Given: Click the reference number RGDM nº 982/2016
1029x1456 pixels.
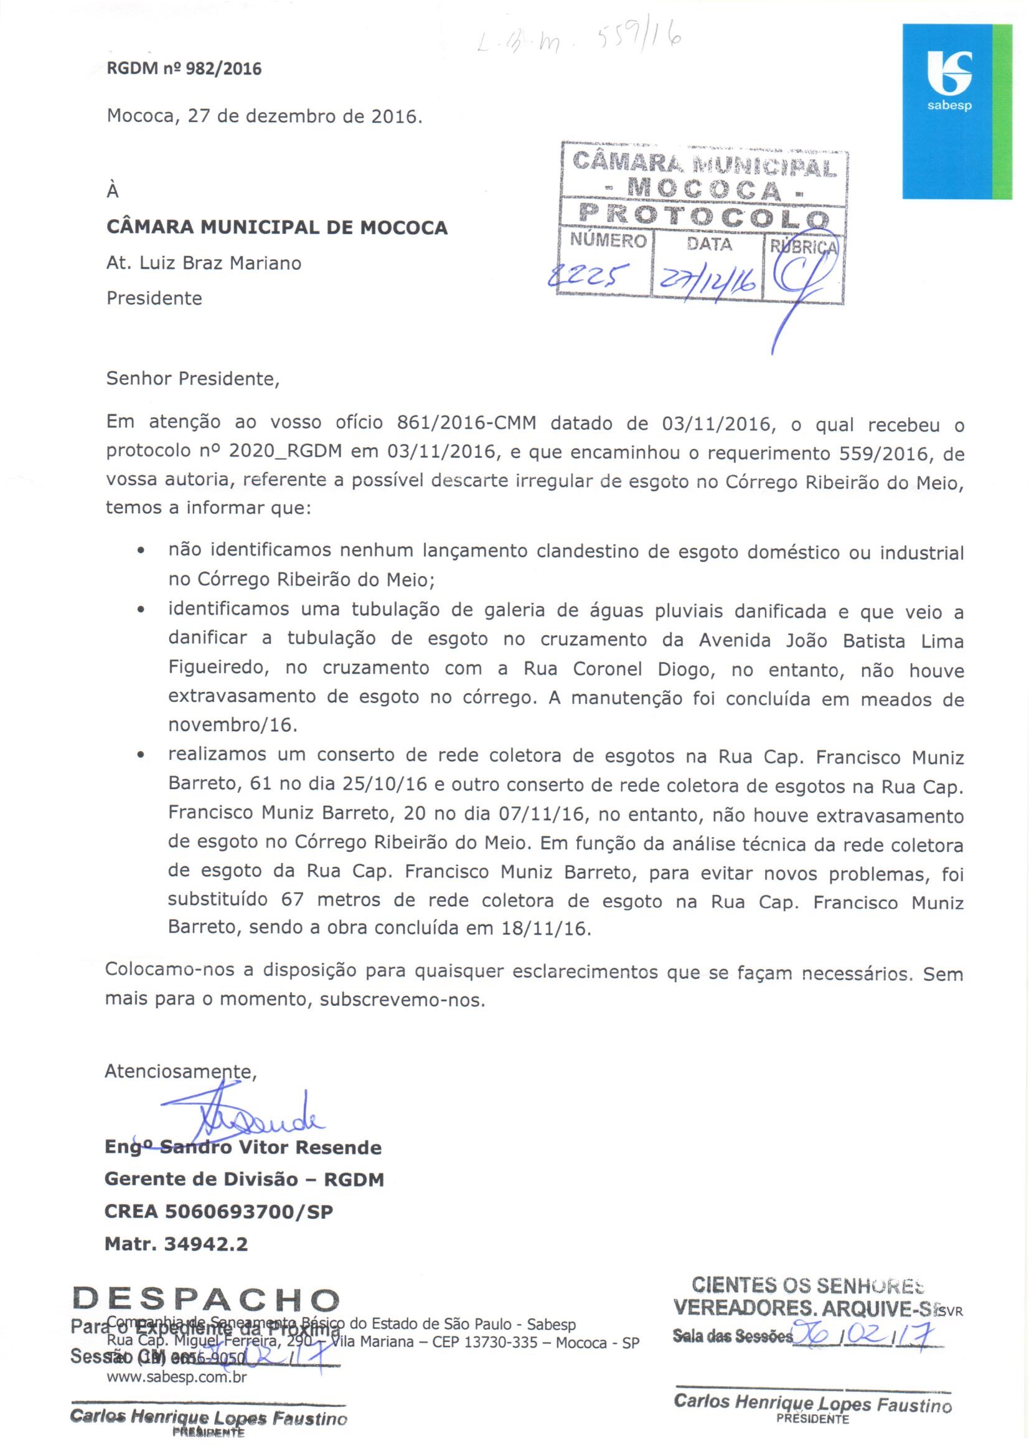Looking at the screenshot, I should pos(184,69).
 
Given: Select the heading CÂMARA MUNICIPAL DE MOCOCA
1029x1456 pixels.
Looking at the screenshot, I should pos(277,227).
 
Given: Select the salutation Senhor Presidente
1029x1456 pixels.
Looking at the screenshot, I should pos(193,379).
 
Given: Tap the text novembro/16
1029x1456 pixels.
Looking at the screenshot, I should pos(233,725).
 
